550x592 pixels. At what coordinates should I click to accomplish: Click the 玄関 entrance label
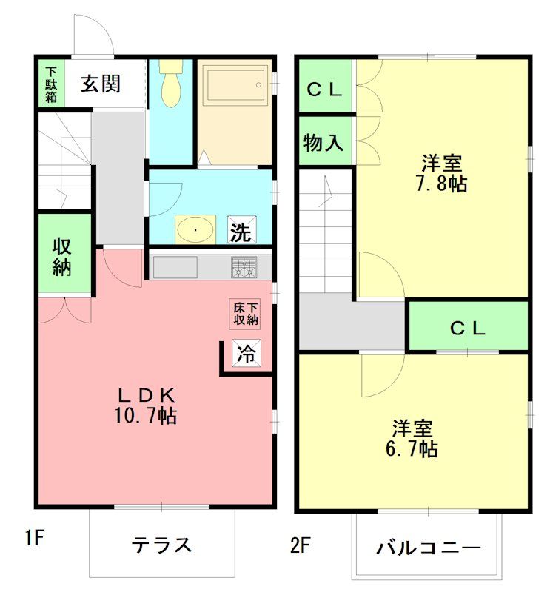(101, 84)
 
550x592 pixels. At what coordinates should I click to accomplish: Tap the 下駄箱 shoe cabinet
(50, 83)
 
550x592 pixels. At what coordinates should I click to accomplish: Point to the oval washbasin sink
(196, 229)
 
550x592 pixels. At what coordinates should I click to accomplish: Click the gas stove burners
(244, 267)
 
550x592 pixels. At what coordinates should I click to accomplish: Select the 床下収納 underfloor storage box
(245, 314)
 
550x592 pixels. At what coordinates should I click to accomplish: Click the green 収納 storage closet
(64, 256)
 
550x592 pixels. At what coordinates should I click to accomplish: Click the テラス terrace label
(162, 545)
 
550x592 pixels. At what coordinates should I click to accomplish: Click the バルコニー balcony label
(428, 548)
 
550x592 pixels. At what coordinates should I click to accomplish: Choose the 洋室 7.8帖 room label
(443, 173)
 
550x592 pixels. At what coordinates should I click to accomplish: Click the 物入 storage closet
(324, 143)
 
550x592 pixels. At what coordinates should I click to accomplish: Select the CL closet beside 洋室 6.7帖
(468, 328)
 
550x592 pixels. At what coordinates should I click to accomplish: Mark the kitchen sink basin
(175, 267)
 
